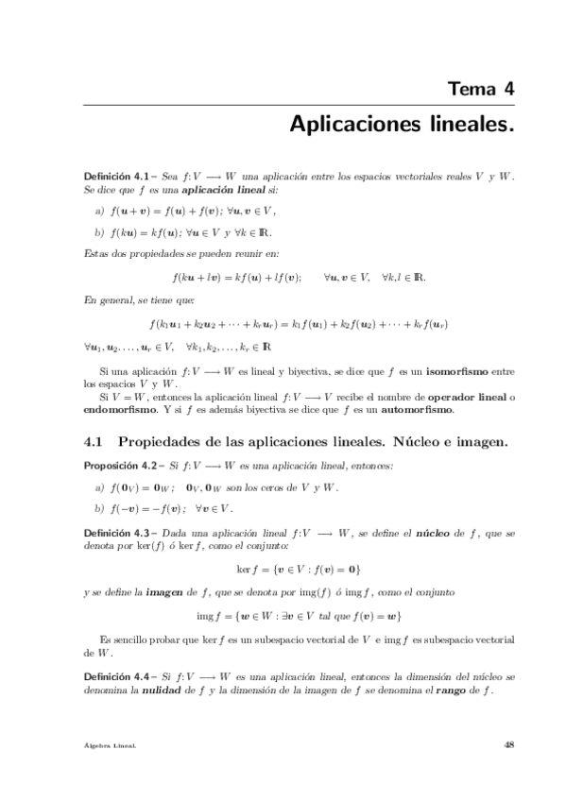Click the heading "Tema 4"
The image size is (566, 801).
481,90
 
